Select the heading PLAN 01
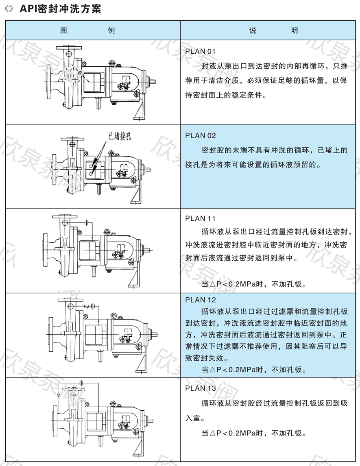pyautogui.click(x=200, y=52)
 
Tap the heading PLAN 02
pyautogui.click(x=201, y=135)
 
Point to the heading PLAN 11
pyautogui.click(x=200, y=218)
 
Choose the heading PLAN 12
pyautogui.click(x=201, y=300)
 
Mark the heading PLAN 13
pyautogui.click(x=201, y=388)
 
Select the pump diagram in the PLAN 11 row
pyautogui.click(x=98, y=250)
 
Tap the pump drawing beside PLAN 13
pyautogui.click(x=102, y=419)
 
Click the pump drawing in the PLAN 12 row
pyautogui.click(x=102, y=333)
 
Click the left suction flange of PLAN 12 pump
pyautogui.click(x=50, y=331)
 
